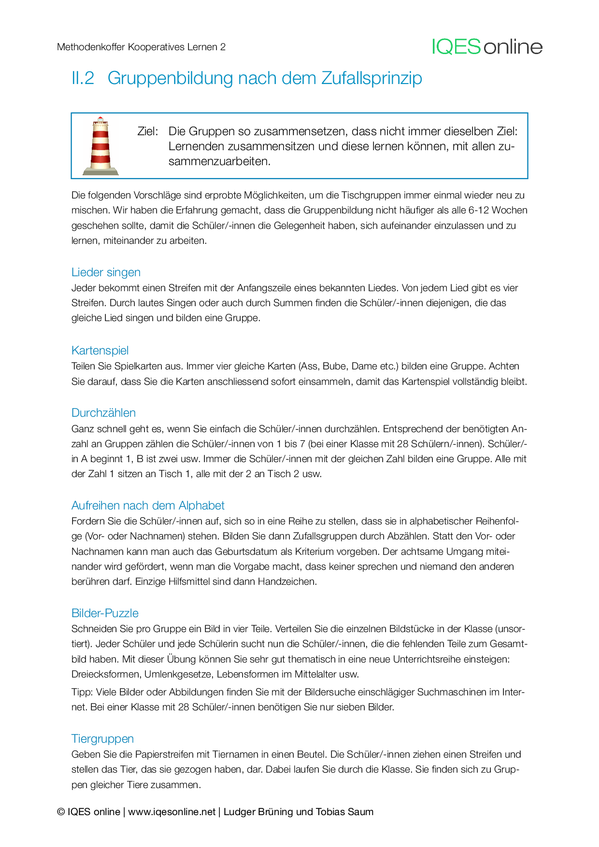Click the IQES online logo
coord(487,47)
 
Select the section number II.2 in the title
coord(83,78)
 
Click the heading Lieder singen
coord(106,272)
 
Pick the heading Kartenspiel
coord(100,351)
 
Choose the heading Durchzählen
coord(103,413)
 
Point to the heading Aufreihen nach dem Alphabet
coord(148,506)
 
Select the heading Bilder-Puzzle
coord(105,613)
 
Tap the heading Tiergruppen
coord(102,739)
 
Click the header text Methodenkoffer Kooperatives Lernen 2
coord(141,47)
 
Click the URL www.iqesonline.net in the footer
coord(171,812)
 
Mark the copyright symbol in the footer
coord(61,812)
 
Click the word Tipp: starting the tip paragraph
coord(82,692)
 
